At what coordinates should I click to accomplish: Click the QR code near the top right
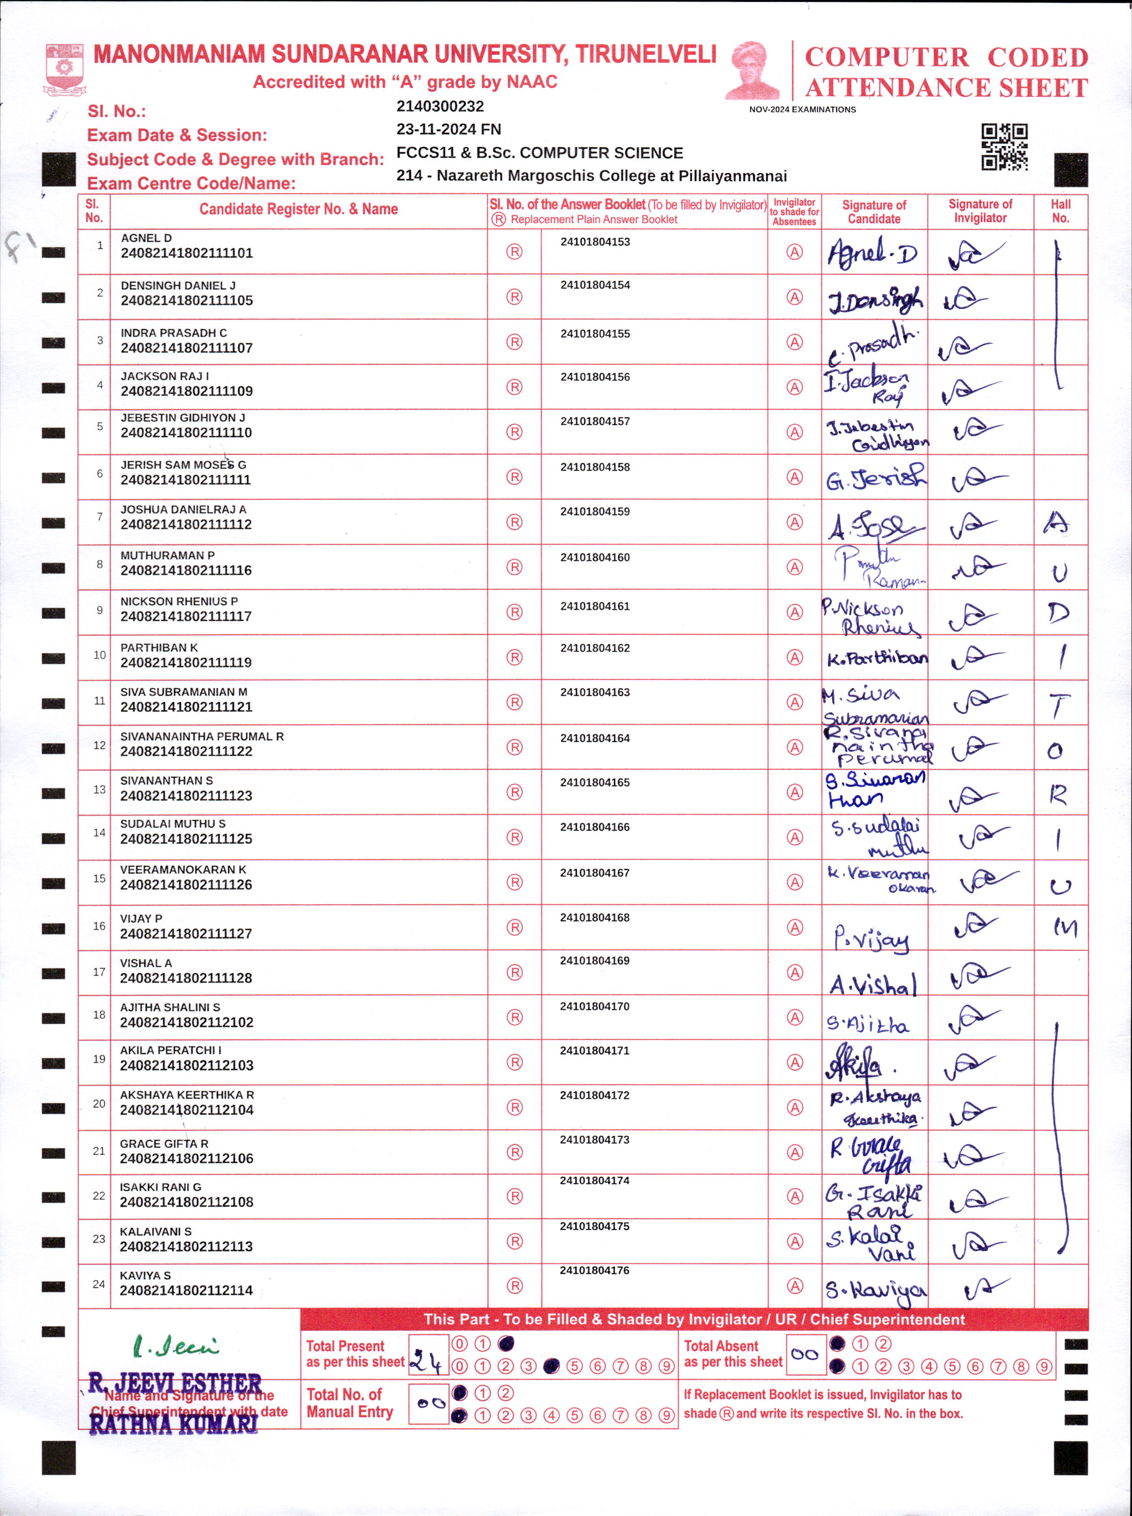(x=1004, y=147)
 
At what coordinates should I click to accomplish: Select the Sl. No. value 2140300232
(x=440, y=106)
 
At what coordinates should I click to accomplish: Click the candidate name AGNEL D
(x=146, y=238)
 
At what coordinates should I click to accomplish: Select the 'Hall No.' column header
(x=1060, y=211)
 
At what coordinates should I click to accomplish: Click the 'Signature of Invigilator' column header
(x=980, y=211)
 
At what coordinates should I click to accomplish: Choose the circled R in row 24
(x=515, y=1286)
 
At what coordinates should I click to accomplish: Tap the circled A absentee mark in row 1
(x=794, y=252)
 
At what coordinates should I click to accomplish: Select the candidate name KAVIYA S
(x=145, y=1276)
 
